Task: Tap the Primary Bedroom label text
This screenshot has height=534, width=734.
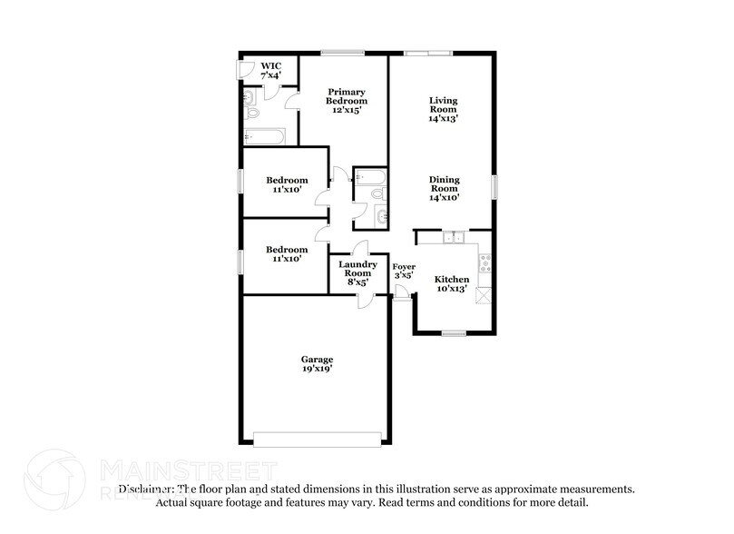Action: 347,96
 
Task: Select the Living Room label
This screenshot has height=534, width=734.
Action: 444,108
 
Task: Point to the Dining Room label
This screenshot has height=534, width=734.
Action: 444,188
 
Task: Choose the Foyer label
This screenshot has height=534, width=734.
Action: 403,270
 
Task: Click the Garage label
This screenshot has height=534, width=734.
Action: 317,364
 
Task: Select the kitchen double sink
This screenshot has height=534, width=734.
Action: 454,238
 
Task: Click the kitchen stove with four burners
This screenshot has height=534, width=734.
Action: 485,263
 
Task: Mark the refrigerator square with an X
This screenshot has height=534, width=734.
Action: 485,294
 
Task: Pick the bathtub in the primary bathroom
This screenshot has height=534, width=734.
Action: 265,137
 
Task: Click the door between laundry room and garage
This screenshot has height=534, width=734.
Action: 363,300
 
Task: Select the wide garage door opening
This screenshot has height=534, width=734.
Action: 317,439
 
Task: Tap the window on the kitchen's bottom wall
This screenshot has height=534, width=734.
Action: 454,334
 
